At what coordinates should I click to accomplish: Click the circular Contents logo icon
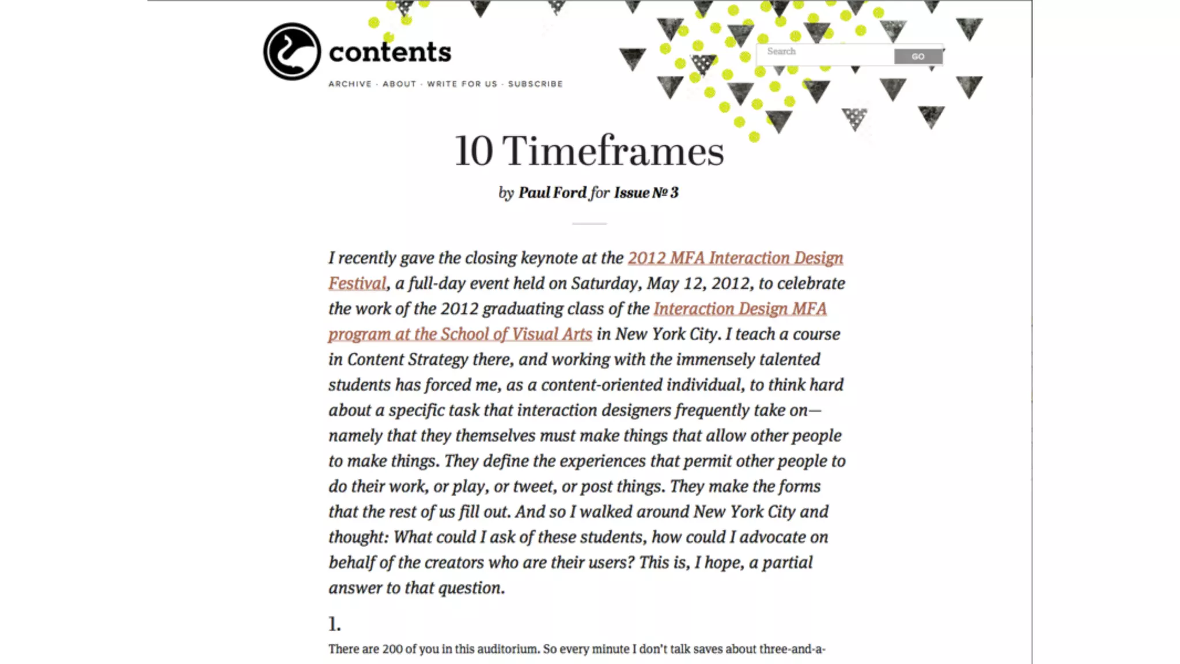292,51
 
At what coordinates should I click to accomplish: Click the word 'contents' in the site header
390,52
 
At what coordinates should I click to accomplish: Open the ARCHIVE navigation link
350,84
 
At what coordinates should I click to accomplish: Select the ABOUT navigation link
399,84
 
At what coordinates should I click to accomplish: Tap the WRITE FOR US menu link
462,84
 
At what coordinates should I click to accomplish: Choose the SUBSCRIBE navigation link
535,84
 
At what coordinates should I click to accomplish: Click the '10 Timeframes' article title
589,151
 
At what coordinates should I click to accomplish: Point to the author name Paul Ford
552,193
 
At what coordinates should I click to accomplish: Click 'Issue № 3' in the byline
646,193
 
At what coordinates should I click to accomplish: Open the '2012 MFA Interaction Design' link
735,258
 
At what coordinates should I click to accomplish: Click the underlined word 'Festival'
357,283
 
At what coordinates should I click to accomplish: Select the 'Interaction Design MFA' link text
740,308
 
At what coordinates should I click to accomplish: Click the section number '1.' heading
335,624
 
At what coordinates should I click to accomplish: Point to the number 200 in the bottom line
392,649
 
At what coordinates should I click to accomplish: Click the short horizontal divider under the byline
589,223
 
